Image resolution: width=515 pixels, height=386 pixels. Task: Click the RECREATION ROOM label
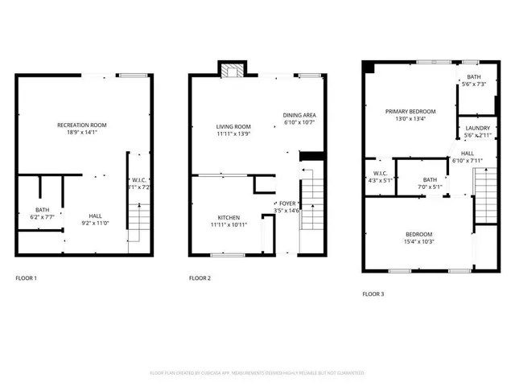click(81, 125)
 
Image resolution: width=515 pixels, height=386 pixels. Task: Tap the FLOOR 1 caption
click(27, 278)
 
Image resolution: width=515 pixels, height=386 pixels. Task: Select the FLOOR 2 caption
click(200, 278)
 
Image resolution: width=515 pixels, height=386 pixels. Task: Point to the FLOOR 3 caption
click(373, 294)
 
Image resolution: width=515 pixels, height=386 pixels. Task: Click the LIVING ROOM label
click(233, 126)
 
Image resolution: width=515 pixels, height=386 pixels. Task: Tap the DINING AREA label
click(299, 115)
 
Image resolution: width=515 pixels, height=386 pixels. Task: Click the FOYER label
click(287, 203)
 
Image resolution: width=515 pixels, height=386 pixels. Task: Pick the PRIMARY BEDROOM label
click(410, 111)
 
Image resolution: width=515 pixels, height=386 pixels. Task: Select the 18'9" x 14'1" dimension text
click(81, 133)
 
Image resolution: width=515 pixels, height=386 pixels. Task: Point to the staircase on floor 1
click(139, 217)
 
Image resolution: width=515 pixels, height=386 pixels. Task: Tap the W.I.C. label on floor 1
click(139, 179)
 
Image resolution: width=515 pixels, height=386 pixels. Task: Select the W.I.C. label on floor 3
click(380, 173)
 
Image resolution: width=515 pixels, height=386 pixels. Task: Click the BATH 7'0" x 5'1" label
click(431, 179)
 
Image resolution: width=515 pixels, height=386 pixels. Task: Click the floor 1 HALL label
click(95, 216)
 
